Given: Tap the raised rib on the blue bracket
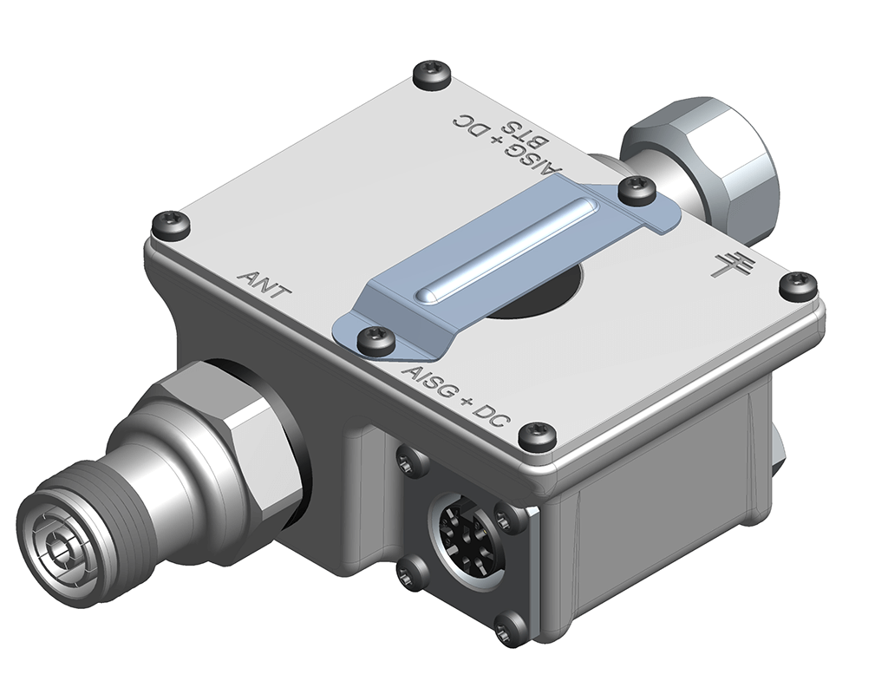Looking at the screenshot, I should (x=503, y=250).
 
